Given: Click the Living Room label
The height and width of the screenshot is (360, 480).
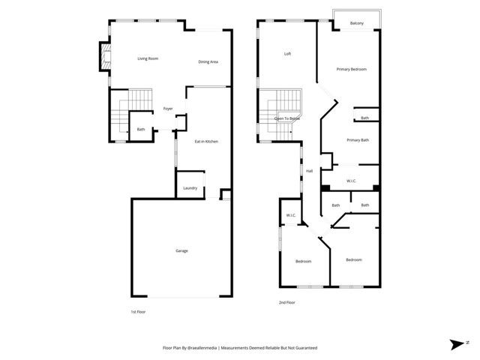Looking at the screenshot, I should click(148, 58).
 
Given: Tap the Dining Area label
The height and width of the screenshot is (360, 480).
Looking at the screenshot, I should click(208, 61).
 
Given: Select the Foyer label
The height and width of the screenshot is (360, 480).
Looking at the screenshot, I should click(168, 109).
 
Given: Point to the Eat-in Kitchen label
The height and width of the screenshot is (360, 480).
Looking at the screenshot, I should click(206, 142).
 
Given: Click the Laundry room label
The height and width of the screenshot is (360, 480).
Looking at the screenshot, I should click(190, 188).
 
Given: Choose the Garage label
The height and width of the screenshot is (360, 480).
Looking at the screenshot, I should click(181, 250).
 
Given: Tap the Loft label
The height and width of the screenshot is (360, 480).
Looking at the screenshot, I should click(287, 54).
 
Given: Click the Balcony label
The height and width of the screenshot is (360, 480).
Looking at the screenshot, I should click(357, 23).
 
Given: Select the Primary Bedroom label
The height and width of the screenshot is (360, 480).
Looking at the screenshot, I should click(351, 70).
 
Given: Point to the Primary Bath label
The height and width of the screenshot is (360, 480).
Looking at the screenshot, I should click(358, 140).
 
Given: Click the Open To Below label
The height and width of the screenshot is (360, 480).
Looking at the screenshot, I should click(286, 118).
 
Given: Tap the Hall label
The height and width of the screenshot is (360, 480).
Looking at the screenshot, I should click(309, 171).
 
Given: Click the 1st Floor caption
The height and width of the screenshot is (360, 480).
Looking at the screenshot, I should click(137, 311).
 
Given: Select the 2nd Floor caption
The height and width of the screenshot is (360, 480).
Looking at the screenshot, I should click(286, 302).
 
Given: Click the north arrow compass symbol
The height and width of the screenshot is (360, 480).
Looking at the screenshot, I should click(457, 343).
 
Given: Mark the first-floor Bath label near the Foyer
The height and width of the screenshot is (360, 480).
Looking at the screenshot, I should click(140, 130).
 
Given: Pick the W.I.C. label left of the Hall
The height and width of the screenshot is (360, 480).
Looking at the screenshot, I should click(291, 217).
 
